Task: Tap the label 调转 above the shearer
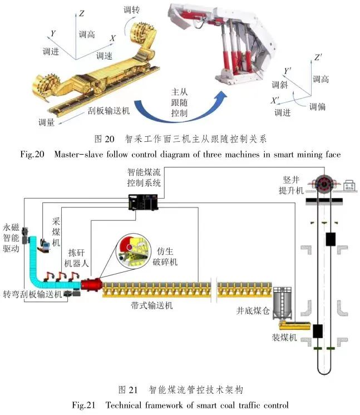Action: [132, 10]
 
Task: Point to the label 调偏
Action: [318, 107]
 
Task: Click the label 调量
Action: [46, 122]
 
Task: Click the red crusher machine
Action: [90, 285]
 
